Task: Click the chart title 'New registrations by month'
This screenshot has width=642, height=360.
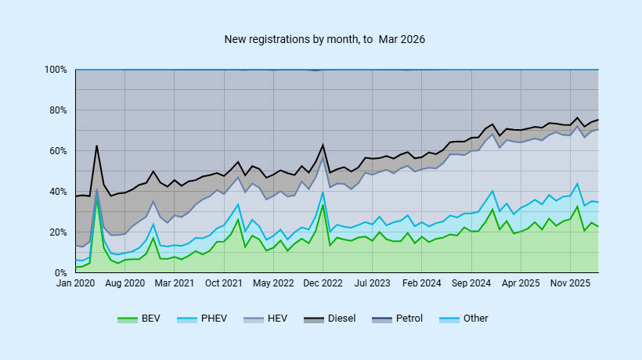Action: coord(324,38)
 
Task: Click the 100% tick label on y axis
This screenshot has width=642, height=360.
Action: coord(56,70)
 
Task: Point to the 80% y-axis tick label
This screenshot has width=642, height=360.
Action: coord(58,110)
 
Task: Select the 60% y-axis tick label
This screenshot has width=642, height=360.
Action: coord(58,151)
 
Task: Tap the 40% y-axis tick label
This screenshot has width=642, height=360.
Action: coord(58,192)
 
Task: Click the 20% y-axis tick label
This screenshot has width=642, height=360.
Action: coord(58,232)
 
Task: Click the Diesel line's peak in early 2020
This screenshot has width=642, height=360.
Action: coord(96,146)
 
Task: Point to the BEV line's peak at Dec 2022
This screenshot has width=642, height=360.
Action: coord(323,205)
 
